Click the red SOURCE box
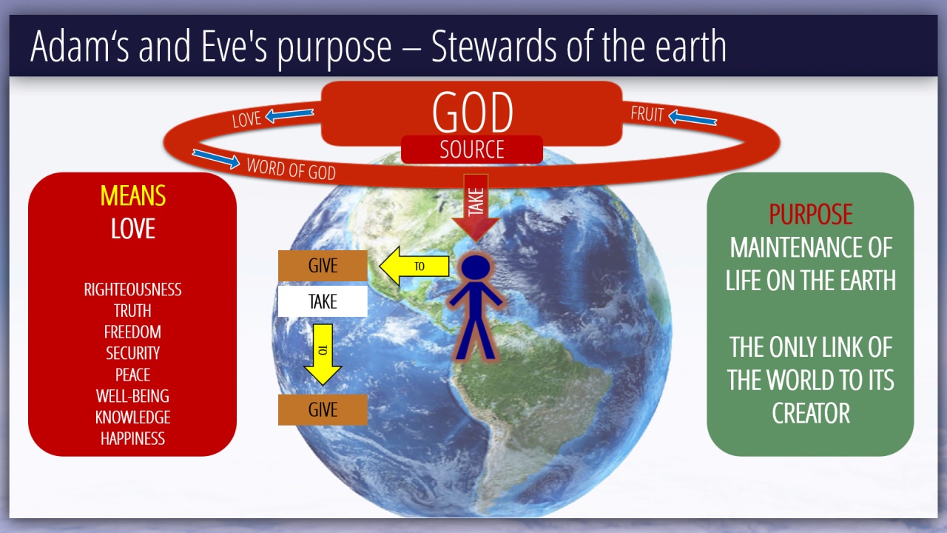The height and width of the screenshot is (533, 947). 472,150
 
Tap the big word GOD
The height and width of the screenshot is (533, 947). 472,113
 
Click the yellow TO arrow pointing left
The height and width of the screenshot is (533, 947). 414,266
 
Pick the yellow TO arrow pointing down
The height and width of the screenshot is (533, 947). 323,355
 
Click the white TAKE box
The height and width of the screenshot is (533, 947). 323,301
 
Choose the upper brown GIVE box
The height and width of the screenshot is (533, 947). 323,266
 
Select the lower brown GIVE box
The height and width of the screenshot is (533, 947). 323,409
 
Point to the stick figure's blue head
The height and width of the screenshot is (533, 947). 476,267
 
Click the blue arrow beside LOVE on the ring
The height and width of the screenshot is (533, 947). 289,115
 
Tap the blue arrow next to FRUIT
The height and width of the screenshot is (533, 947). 692,118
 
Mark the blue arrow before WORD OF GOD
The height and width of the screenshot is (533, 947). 216,158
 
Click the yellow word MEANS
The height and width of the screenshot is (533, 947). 132,195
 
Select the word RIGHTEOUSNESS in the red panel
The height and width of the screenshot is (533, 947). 132,289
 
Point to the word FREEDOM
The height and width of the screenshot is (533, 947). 132,332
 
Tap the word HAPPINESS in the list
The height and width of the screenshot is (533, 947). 132,439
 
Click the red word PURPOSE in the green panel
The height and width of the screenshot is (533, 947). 810,214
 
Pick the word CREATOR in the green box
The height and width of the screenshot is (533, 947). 810,413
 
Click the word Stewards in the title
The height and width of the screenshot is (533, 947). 493,46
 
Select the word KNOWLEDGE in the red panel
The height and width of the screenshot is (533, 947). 132,418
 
